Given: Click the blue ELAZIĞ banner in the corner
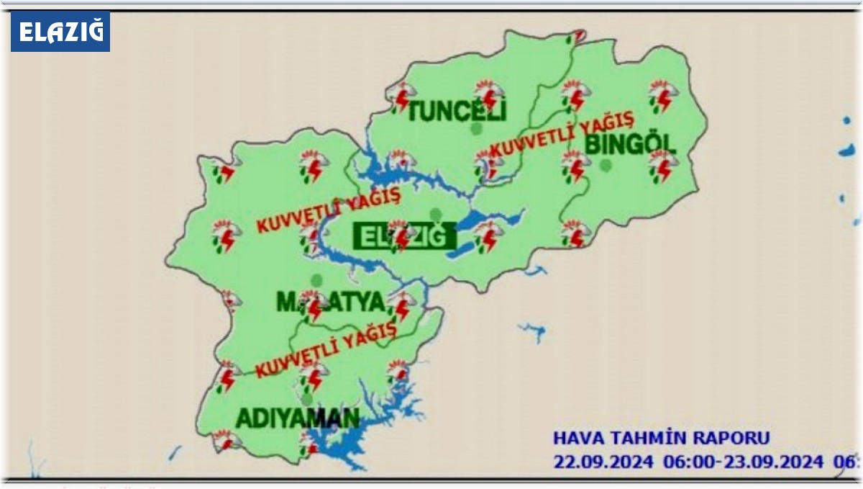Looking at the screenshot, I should (x=60, y=32).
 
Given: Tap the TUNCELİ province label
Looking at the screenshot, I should (x=457, y=111).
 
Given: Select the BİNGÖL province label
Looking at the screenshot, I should (x=631, y=144).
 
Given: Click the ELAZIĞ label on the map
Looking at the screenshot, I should (x=405, y=235).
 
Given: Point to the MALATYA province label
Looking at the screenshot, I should (x=332, y=302).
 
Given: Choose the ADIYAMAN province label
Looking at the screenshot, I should (x=298, y=418).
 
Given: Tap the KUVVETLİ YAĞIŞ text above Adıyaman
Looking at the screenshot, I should (x=327, y=349).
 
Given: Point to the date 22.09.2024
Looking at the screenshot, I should (x=603, y=461).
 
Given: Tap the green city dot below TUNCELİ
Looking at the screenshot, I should (x=475, y=128).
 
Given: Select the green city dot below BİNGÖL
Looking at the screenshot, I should (x=606, y=166).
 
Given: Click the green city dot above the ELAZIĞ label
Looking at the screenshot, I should (x=434, y=213).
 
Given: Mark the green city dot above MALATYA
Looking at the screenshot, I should (x=315, y=280).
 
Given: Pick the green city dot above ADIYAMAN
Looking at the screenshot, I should (x=308, y=398).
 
